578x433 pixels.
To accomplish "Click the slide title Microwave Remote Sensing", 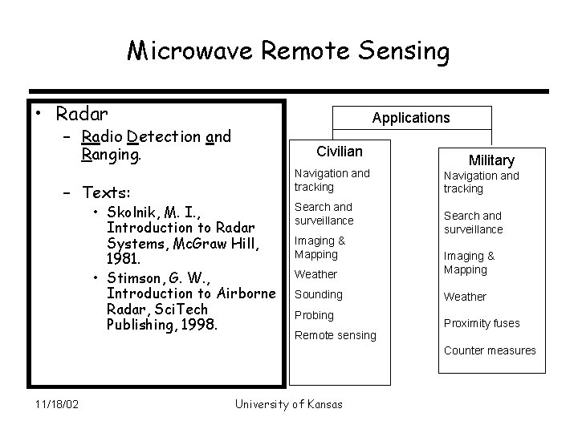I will (289, 52).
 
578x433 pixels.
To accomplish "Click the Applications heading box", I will (410, 118).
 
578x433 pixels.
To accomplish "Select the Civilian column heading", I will (340, 152).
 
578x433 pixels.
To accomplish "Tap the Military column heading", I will (490, 160).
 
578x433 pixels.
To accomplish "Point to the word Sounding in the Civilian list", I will (318, 294).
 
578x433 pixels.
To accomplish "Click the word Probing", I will (315, 315).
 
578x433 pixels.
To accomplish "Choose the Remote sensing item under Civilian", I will (335, 335).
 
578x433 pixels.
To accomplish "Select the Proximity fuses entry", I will (482, 323).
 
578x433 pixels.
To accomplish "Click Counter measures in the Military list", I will (490, 350).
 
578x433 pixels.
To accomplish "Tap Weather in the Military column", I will (465, 297).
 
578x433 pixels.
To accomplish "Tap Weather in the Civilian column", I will (315, 274).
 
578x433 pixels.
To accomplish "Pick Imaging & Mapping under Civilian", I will (320, 248).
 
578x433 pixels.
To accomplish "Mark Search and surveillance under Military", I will (473, 222).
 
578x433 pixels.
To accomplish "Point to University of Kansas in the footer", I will (288, 403).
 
